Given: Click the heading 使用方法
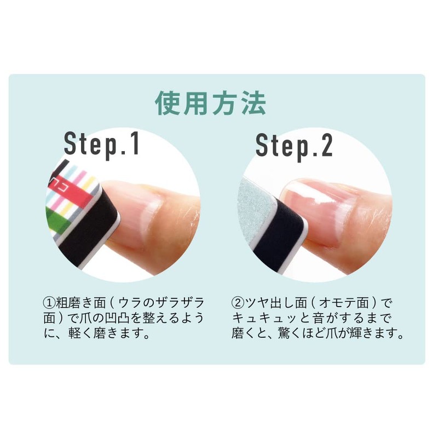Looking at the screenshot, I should tap(211, 103).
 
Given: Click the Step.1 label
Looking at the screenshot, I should tap(102, 145).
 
